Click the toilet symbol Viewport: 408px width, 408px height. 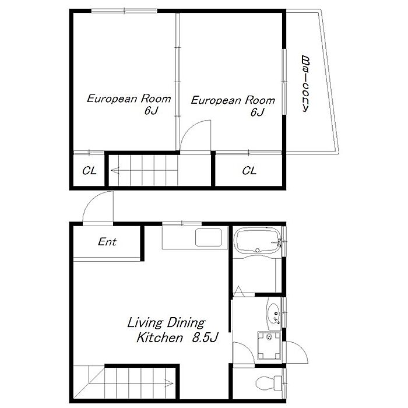point(269,383)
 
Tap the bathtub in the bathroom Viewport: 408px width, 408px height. point(258,240)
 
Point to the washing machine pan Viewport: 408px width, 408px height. point(269,346)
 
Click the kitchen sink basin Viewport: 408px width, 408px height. point(209,237)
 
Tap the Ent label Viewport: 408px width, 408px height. point(107,242)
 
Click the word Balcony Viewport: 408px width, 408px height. point(305,84)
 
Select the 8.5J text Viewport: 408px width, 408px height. point(205,337)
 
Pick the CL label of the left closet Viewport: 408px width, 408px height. point(89,171)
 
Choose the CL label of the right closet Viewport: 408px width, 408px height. point(249,171)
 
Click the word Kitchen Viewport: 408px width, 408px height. point(160,337)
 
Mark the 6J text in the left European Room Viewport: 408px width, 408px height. point(151,111)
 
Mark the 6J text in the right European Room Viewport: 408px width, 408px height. point(258,112)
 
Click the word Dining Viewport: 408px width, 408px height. point(186,323)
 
